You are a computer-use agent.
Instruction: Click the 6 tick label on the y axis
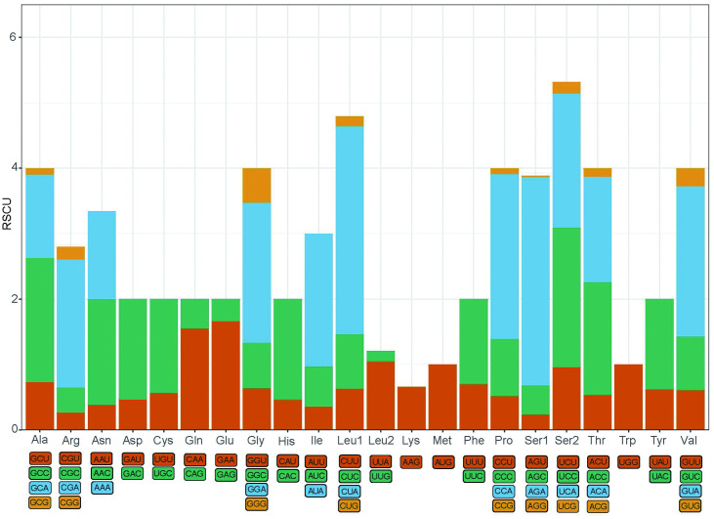[16, 37]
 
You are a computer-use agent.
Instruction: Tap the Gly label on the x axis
[257, 443]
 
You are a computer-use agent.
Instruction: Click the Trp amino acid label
[629, 443]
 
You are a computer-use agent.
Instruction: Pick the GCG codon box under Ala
[40, 501]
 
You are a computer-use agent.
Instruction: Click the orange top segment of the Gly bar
[257, 185]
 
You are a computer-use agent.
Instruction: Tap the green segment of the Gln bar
[195, 314]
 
